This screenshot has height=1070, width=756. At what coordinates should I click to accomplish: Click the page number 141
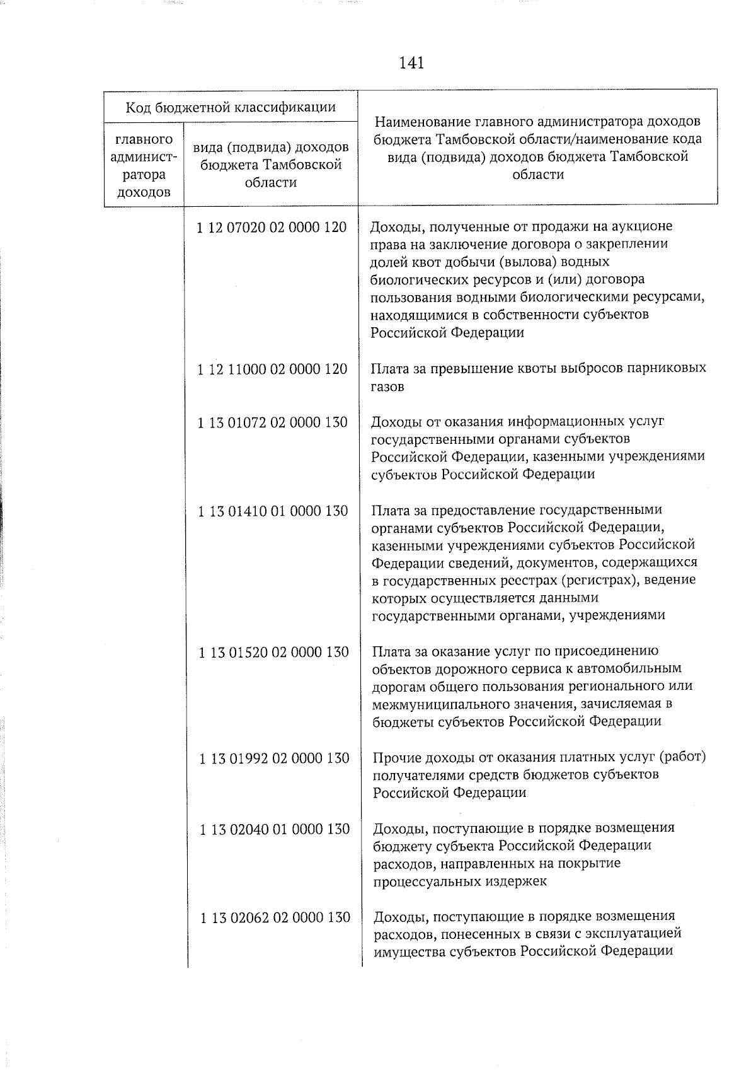(x=411, y=63)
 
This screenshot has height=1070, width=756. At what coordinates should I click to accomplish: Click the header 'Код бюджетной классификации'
(x=231, y=107)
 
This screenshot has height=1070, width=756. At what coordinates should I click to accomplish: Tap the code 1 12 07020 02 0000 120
(x=272, y=227)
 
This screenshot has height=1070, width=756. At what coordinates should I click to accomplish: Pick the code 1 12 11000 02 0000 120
(x=272, y=369)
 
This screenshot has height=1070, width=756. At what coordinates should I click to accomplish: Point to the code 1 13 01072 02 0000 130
(x=272, y=422)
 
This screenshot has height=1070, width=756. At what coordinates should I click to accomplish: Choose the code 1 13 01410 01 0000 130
(x=273, y=511)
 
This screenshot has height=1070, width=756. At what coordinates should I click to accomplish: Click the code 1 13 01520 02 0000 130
(x=273, y=652)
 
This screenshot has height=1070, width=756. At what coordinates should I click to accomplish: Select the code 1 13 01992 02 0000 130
(x=274, y=758)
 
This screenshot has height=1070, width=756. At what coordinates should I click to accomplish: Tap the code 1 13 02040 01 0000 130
(x=275, y=829)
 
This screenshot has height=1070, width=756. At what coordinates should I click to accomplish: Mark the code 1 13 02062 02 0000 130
(x=275, y=917)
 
